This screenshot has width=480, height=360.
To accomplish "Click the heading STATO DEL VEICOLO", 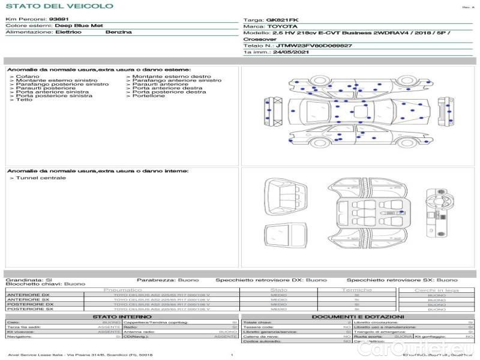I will (59, 6).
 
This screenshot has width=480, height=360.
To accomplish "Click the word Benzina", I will (118, 32).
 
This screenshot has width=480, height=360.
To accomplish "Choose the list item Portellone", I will (148, 96).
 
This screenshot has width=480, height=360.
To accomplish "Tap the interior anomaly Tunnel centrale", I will (41, 178).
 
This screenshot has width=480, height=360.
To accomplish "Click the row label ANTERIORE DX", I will (28, 295).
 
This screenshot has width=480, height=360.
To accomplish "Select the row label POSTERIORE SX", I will (29, 310).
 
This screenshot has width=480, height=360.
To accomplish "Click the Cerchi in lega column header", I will (436, 290).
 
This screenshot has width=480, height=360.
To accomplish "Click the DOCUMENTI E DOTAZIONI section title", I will (358, 316).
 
